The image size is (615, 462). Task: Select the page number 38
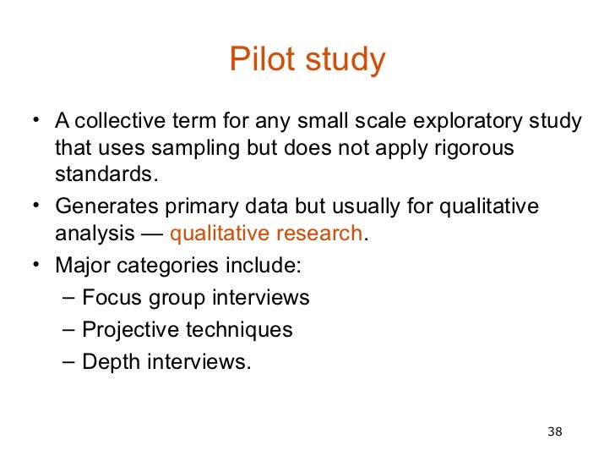coord(555,432)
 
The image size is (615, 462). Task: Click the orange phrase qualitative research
coord(266,234)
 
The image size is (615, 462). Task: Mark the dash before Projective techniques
coord(68,330)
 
